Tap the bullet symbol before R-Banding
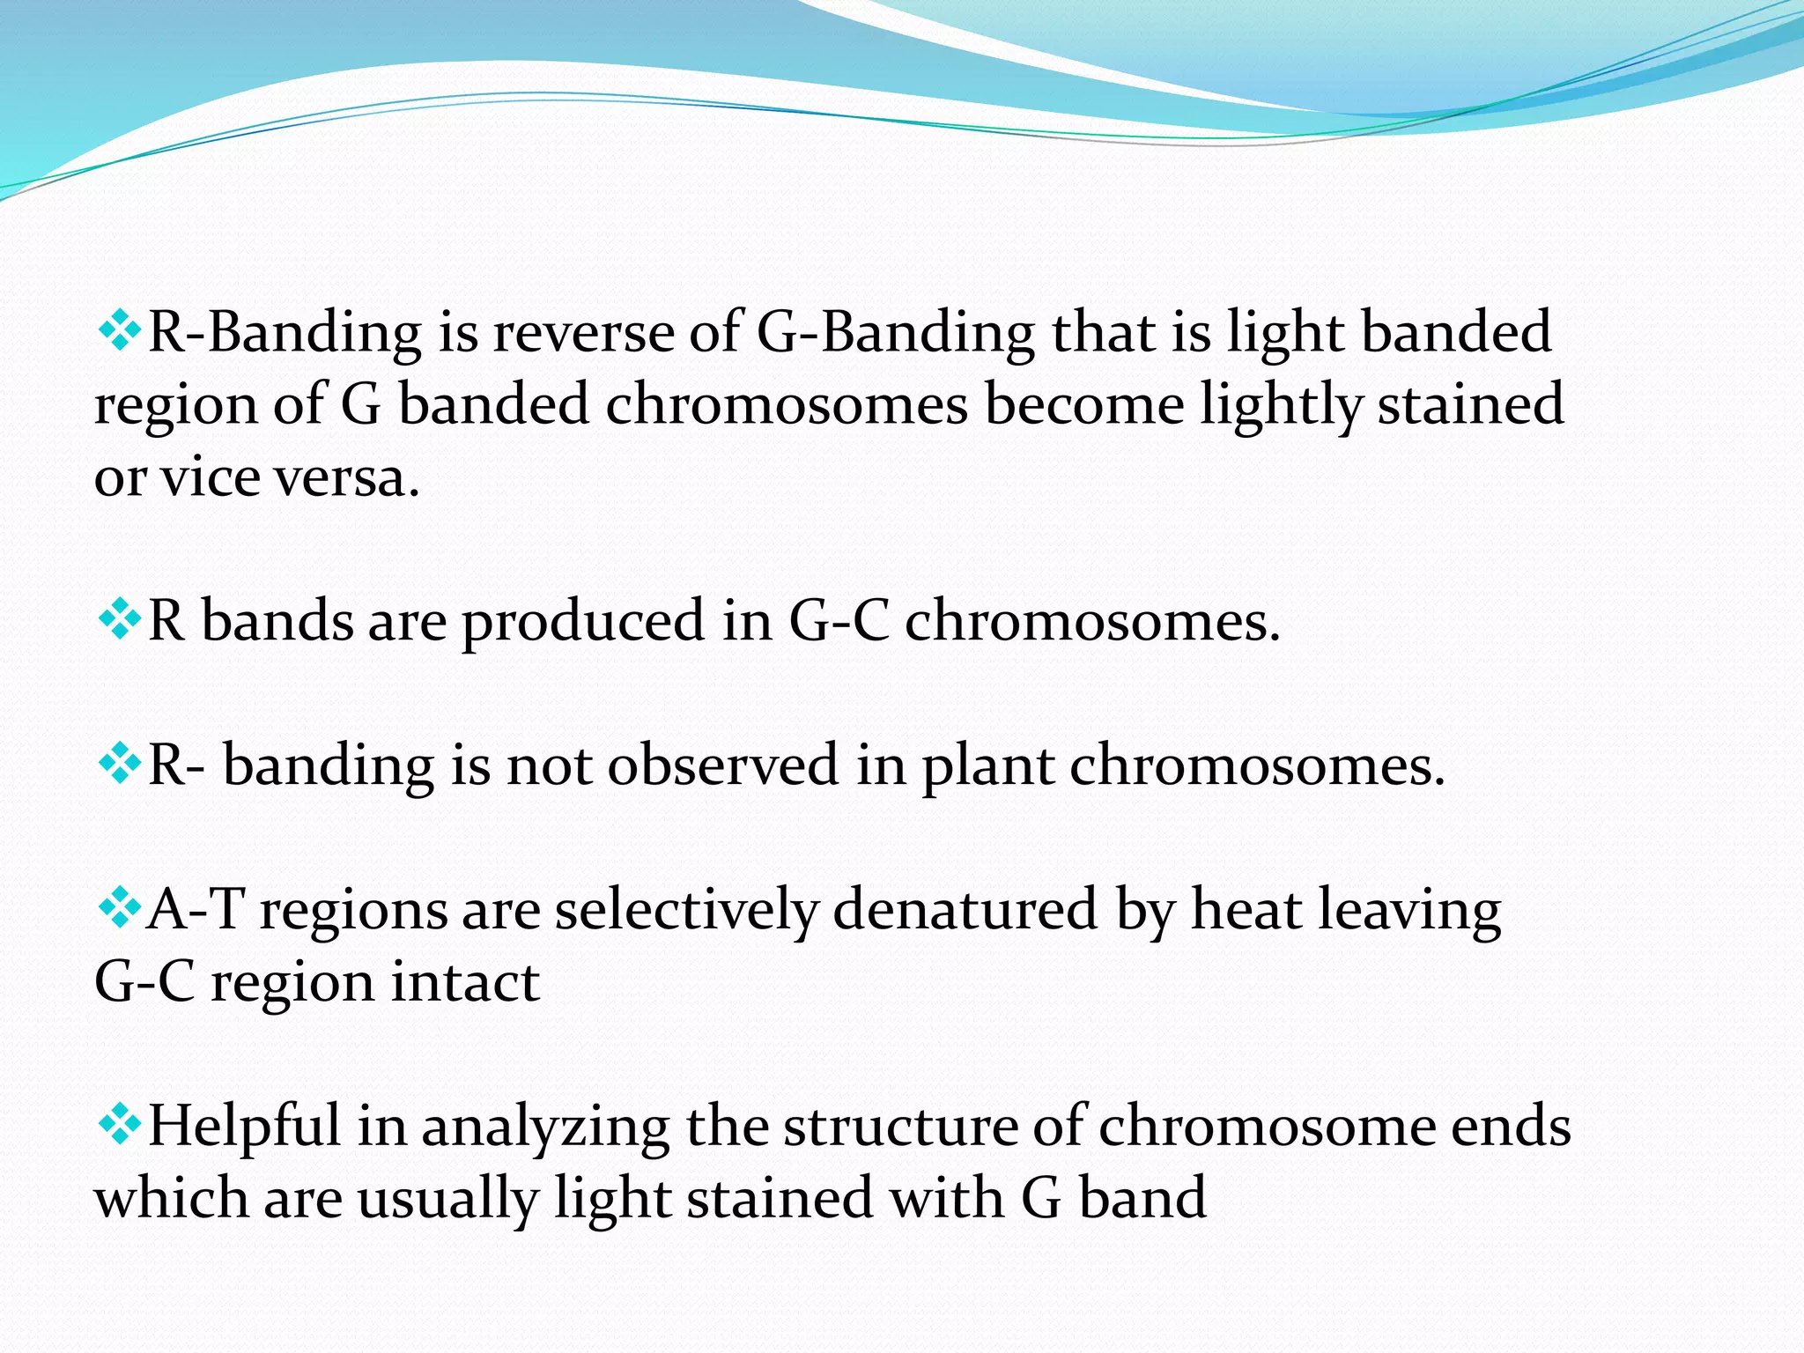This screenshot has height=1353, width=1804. coord(118,332)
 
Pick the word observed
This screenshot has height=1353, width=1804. coord(722,765)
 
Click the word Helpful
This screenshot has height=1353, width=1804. coord(244,1127)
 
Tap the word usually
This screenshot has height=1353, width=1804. coord(447,1201)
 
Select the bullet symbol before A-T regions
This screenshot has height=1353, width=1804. coord(118,908)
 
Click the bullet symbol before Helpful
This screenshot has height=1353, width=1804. coord(118,1125)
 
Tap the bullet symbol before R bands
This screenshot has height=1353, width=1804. coord(118,621)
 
